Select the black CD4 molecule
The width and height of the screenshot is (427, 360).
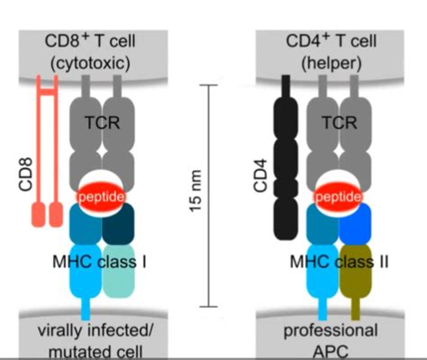click(286, 153)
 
